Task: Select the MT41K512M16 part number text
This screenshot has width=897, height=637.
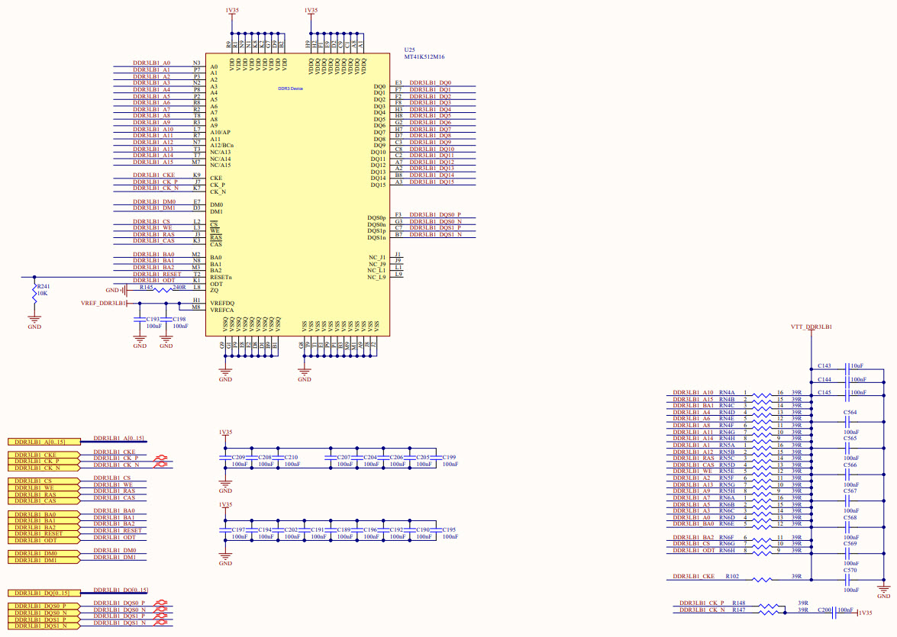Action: pyautogui.click(x=424, y=57)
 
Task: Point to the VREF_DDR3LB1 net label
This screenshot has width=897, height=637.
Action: pyautogui.click(x=103, y=304)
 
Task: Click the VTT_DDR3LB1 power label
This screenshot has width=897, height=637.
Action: pyautogui.click(x=811, y=327)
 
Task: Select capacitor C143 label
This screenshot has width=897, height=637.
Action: pyautogui.click(x=824, y=366)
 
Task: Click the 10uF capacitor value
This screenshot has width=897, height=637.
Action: pyautogui.click(x=857, y=366)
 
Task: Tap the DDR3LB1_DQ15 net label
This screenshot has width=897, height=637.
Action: pyautogui.click(x=432, y=182)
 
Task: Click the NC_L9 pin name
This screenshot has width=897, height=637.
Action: pyautogui.click(x=376, y=276)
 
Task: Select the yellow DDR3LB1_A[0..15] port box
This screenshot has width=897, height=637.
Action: pyautogui.click(x=43, y=442)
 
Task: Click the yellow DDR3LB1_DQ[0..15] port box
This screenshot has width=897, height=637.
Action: pyautogui.click(x=43, y=593)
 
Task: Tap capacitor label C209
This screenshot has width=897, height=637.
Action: pyautogui.click(x=238, y=457)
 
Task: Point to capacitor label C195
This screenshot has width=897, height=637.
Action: pyautogui.click(x=449, y=529)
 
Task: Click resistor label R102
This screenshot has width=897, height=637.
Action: pyautogui.click(x=732, y=577)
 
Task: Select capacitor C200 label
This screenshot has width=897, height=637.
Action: pyautogui.click(x=824, y=610)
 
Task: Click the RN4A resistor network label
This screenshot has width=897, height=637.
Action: pyautogui.click(x=727, y=392)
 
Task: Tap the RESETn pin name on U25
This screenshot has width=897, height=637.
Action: pyautogui.click(x=221, y=277)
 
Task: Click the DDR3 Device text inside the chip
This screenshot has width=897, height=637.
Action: pyautogui.click(x=290, y=89)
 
